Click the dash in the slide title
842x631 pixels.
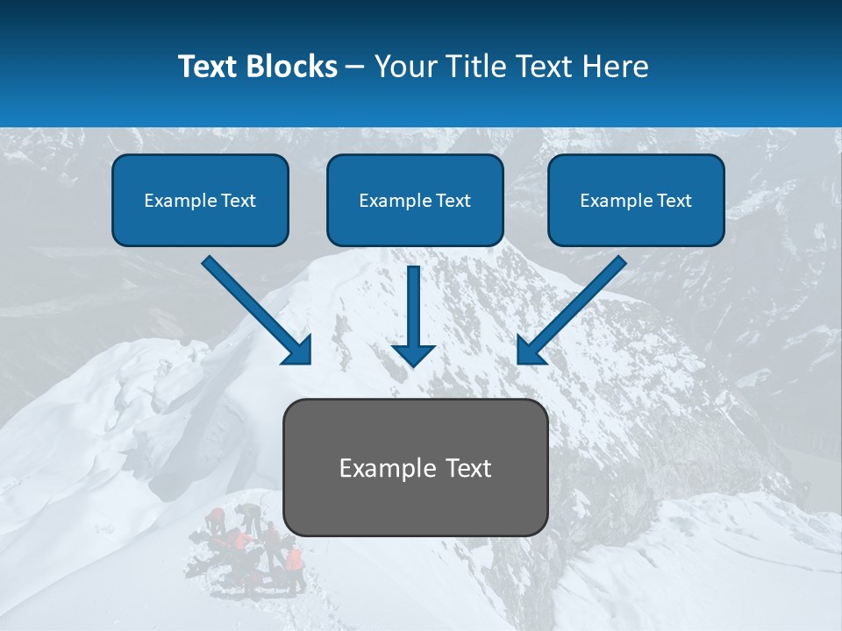[x=355, y=67]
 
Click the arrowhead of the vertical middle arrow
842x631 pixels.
[x=413, y=355]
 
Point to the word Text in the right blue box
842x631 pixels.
[x=674, y=201]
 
